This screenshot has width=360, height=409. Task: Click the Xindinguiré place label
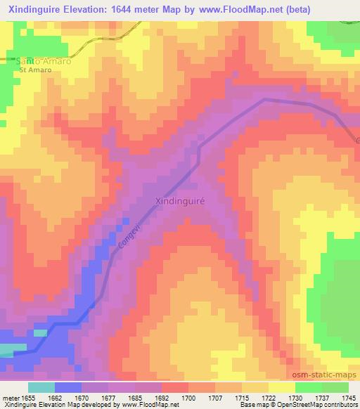click(179, 201)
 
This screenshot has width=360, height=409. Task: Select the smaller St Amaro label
click(35, 70)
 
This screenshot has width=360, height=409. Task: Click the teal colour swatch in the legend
click(41, 387)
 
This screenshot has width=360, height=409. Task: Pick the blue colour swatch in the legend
click(68, 387)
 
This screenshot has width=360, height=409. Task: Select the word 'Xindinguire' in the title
click(37, 8)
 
